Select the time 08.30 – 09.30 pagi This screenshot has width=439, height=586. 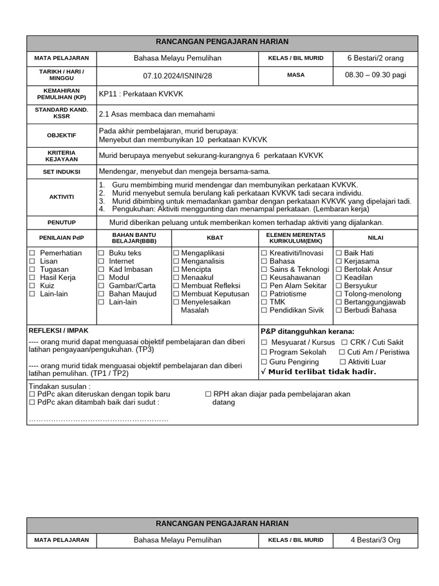[375, 75]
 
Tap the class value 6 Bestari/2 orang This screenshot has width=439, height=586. [375, 58]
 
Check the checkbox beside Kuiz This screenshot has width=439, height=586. [32, 286]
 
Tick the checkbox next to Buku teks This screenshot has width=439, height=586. [101, 253]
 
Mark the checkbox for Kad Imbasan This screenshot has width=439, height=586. [101, 270]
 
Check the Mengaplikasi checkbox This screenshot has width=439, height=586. [176, 253]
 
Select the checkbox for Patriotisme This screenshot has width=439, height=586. [264, 294]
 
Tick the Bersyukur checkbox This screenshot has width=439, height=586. [339, 286]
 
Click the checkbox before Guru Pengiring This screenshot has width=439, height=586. [264, 362]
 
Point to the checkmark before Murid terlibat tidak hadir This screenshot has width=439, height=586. [264, 372]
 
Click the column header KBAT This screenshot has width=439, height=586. [215, 237]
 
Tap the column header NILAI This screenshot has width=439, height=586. [375, 237]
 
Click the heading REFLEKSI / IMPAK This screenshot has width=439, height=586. [58, 331]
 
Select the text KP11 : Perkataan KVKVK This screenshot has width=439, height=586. [141, 94]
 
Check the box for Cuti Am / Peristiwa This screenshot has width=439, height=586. [342, 353]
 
